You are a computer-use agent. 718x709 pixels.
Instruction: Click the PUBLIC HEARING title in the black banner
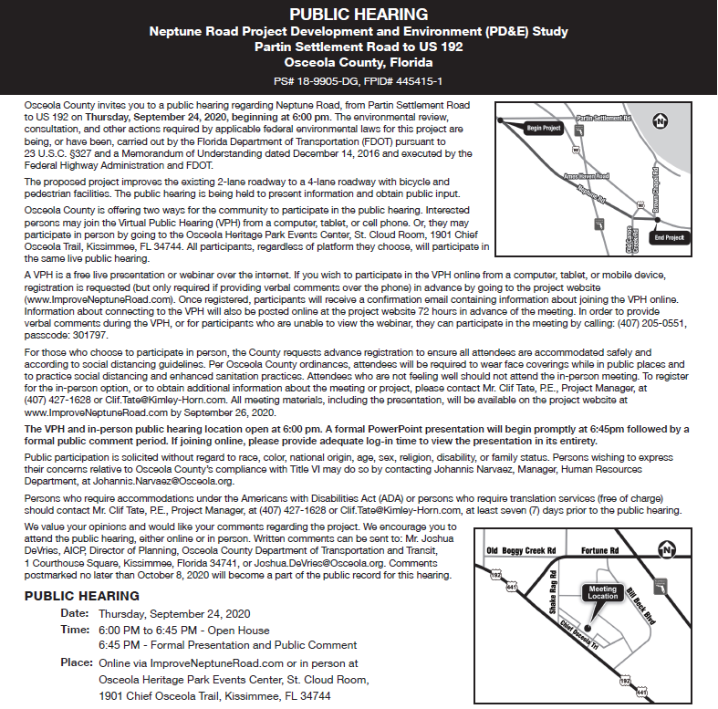click(x=359, y=14)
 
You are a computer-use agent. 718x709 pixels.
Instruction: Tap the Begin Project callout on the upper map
click(x=544, y=129)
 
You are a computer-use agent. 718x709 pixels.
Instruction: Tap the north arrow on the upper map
click(x=663, y=121)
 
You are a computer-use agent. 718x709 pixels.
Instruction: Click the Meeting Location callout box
click(x=602, y=593)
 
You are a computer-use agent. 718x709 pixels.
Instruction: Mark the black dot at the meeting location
click(x=588, y=630)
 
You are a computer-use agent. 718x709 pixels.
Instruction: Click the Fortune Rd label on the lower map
click(x=600, y=550)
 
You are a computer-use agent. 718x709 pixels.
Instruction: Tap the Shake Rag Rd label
click(x=550, y=600)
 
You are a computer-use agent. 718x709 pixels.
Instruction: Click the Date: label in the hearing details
click(x=74, y=614)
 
